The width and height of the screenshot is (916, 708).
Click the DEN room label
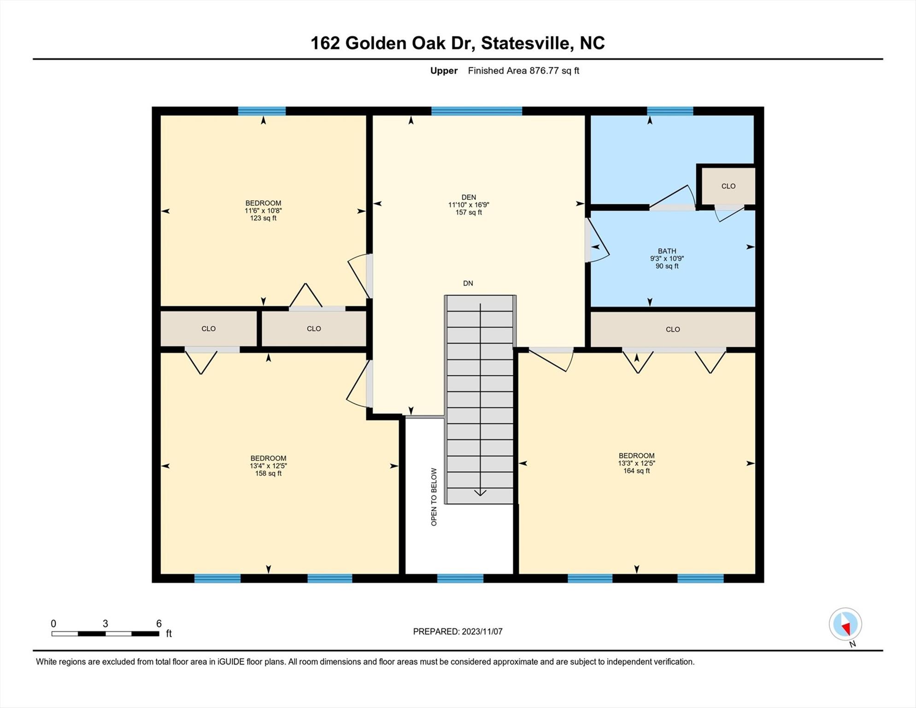469,197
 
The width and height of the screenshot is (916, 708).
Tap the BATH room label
667,251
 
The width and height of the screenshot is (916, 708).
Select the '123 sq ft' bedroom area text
263,218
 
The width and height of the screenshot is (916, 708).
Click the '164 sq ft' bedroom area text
636,471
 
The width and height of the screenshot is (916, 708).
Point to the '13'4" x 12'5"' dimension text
268,466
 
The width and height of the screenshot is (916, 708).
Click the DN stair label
468,283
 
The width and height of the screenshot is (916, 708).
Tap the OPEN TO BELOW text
434,497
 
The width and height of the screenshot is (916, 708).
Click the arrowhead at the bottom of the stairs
480,493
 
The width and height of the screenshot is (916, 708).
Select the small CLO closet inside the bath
728,186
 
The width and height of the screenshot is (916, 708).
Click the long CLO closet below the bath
673,329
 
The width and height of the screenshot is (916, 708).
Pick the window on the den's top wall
476,111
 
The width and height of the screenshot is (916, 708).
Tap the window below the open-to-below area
460,578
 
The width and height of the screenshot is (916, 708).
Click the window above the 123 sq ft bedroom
262,111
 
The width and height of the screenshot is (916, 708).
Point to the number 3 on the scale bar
105,624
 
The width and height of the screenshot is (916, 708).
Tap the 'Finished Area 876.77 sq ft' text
523,71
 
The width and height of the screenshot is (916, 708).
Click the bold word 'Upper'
444,71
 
